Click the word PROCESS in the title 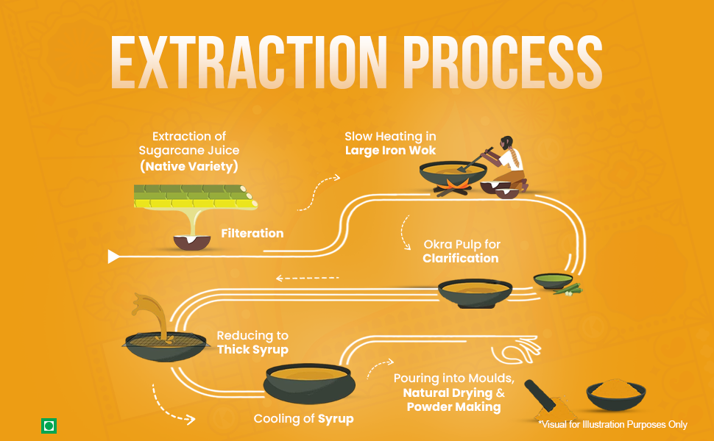pyautogui.click(x=503, y=62)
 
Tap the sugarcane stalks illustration pyautogui.click(x=196, y=196)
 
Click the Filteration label pyautogui.click(x=252, y=233)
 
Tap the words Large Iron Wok pyautogui.click(x=390, y=151)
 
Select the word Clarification pyautogui.click(x=460, y=258)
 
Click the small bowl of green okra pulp pyautogui.click(x=554, y=281)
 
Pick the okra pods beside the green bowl pyautogui.click(x=568, y=290)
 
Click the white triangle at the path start pyautogui.click(x=113, y=257)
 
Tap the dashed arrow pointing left pyautogui.click(x=308, y=278)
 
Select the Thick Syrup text pyautogui.click(x=252, y=350)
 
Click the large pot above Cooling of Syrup pyautogui.click(x=309, y=383)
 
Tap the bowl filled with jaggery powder pyautogui.click(x=615, y=394)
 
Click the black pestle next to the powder pyautogui.click(x=540, y=395)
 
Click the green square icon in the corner pyautogui.click(x=49, y=426)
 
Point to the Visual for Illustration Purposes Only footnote pyautogui.click(x=613, y=425)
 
